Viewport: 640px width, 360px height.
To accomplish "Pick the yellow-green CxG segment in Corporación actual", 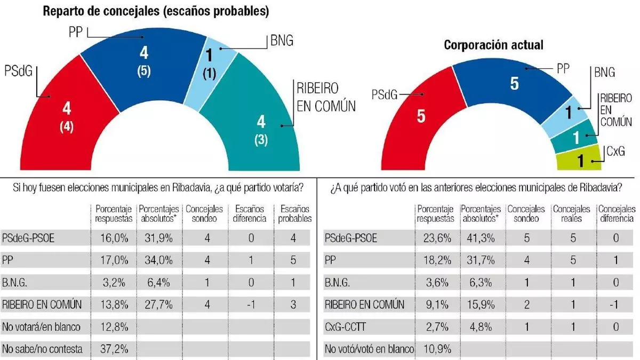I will pyautogui.click(x=578, y=160).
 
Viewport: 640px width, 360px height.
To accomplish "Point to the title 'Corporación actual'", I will pyautogui.click(x=493, y=45).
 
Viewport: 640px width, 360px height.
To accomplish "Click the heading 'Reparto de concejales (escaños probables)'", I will pyautogui.click(x=155, y=11).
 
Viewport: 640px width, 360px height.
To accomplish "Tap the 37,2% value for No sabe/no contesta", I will pyautogui.click(x=114, y=349).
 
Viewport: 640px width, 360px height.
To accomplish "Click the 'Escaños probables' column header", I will pyautogui.click(x=292, y=214).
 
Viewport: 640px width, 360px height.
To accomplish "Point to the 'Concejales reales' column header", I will pyautogui.click(x=571, y=214).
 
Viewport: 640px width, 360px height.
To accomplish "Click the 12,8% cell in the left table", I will pyautogui.click(x=114, y=327).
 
